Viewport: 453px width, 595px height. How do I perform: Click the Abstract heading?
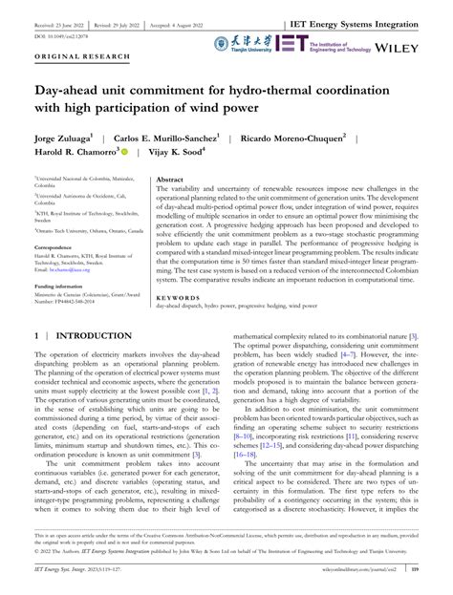click(170, 179)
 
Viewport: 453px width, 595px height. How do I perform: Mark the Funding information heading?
click(58, 286)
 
